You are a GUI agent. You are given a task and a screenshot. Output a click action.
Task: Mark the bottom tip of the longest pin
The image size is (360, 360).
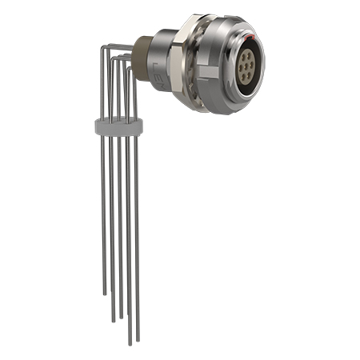(x=130, y=344)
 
